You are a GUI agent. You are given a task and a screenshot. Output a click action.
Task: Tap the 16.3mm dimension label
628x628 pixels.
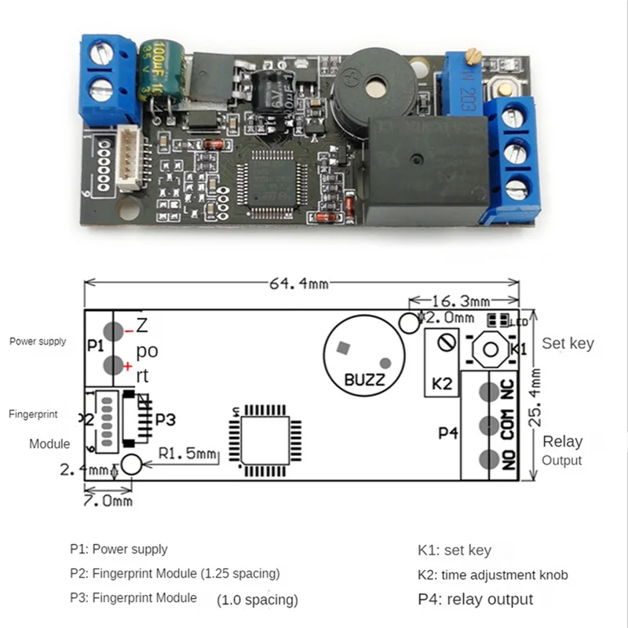[x=462, y=301]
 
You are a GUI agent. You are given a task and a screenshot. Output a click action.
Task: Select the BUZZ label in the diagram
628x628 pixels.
[x=365, y=381]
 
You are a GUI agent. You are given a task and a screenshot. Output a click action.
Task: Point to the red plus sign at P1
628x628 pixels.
[x=127, y=366]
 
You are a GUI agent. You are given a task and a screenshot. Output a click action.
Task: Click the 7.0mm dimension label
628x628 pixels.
[x=108, y=500]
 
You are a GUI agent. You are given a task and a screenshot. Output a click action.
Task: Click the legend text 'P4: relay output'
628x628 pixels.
[x=475, y=599]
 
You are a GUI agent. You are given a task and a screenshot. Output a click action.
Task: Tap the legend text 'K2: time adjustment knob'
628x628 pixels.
[x=492, y=575]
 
